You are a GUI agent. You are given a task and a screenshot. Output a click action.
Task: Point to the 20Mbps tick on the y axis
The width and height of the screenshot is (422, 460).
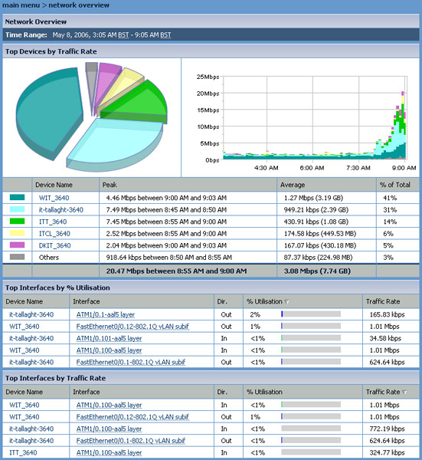coord(208,94)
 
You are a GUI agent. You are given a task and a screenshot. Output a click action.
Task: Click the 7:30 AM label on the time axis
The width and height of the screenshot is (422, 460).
coord(358,168)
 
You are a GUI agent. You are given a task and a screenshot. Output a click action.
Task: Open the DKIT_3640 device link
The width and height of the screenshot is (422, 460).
coord(55,245)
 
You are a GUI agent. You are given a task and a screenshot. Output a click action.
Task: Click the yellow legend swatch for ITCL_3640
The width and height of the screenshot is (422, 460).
coord(17,233)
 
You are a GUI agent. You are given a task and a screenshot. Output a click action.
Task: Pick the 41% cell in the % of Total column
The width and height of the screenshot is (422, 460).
coord(390,198)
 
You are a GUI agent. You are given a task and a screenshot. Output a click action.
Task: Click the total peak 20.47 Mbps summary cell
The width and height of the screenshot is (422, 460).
coord(176,271)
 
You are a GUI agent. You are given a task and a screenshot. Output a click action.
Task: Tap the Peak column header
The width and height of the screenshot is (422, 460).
coord(110,185)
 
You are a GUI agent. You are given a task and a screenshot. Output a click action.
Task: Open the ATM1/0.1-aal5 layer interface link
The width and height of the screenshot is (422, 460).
coord(106,315)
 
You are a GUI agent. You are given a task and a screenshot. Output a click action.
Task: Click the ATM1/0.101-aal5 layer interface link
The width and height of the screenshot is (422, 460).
coord(109,339)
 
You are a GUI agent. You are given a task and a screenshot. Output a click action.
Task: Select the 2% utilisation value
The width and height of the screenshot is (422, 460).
coord(255,315)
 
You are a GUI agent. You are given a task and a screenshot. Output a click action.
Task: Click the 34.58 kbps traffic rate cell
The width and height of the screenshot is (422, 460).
coord(385,339)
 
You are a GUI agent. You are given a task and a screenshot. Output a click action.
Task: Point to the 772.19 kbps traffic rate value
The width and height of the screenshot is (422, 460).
coord(387,429)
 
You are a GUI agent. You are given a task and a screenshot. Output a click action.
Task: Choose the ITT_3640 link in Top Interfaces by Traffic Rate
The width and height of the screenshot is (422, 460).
coord(23,452)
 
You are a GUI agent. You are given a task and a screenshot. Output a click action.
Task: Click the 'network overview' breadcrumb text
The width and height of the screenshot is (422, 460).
coord(79,5)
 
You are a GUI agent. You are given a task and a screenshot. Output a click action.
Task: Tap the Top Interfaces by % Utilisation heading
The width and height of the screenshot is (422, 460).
coord(57,287)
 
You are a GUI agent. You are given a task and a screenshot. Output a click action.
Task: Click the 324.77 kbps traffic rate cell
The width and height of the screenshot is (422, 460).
coord(387,452)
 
